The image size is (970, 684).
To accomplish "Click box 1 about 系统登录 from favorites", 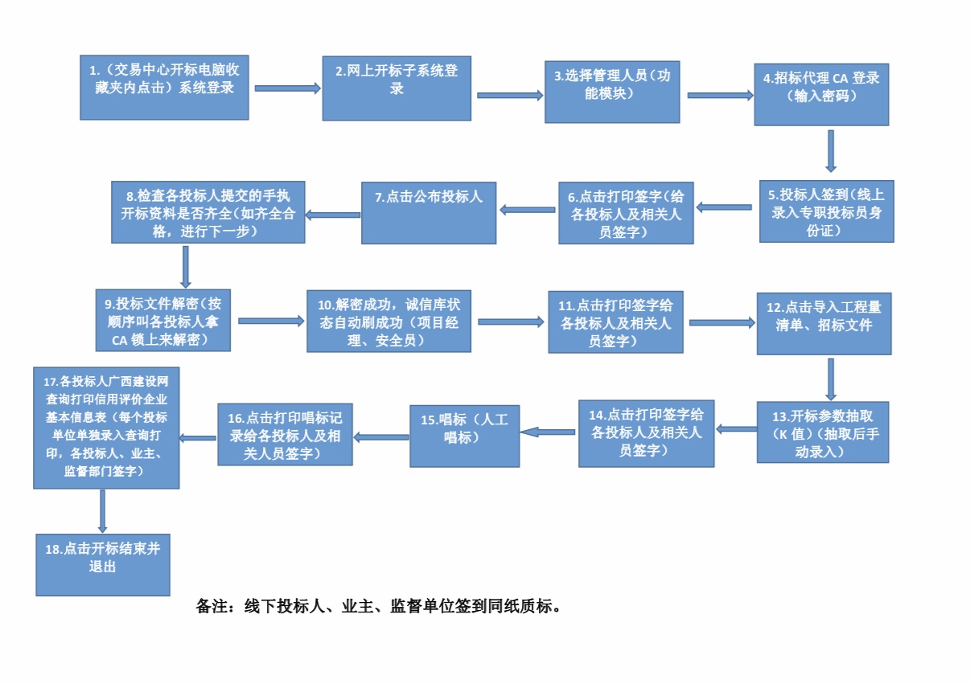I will [x=164, y=87].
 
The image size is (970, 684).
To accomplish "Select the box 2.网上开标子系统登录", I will [x=397, y=88].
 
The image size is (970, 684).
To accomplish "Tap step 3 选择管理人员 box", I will [x=612, y=91].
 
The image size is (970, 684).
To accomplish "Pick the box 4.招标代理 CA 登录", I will [x=820, y=94].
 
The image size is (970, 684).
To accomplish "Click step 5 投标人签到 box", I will [x=826, y=211].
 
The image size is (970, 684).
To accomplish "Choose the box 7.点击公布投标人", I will [x=429, y=212].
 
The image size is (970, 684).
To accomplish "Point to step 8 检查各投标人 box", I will [x=208, y=211].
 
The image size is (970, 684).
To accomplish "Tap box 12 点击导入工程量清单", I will [x=824, y=323].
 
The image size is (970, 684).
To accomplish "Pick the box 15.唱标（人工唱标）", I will [x=464, y=435].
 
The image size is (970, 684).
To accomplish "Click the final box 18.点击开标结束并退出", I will [x=103, y=563].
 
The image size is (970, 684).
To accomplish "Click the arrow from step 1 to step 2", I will [x=287, y=88].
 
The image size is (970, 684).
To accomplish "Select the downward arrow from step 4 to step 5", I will [x=831, y=151].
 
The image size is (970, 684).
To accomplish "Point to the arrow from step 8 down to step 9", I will [x=186, y=266].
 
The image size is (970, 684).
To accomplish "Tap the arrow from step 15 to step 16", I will [x=381, y=437].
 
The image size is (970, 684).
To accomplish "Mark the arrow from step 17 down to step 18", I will [x=103, y=510].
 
